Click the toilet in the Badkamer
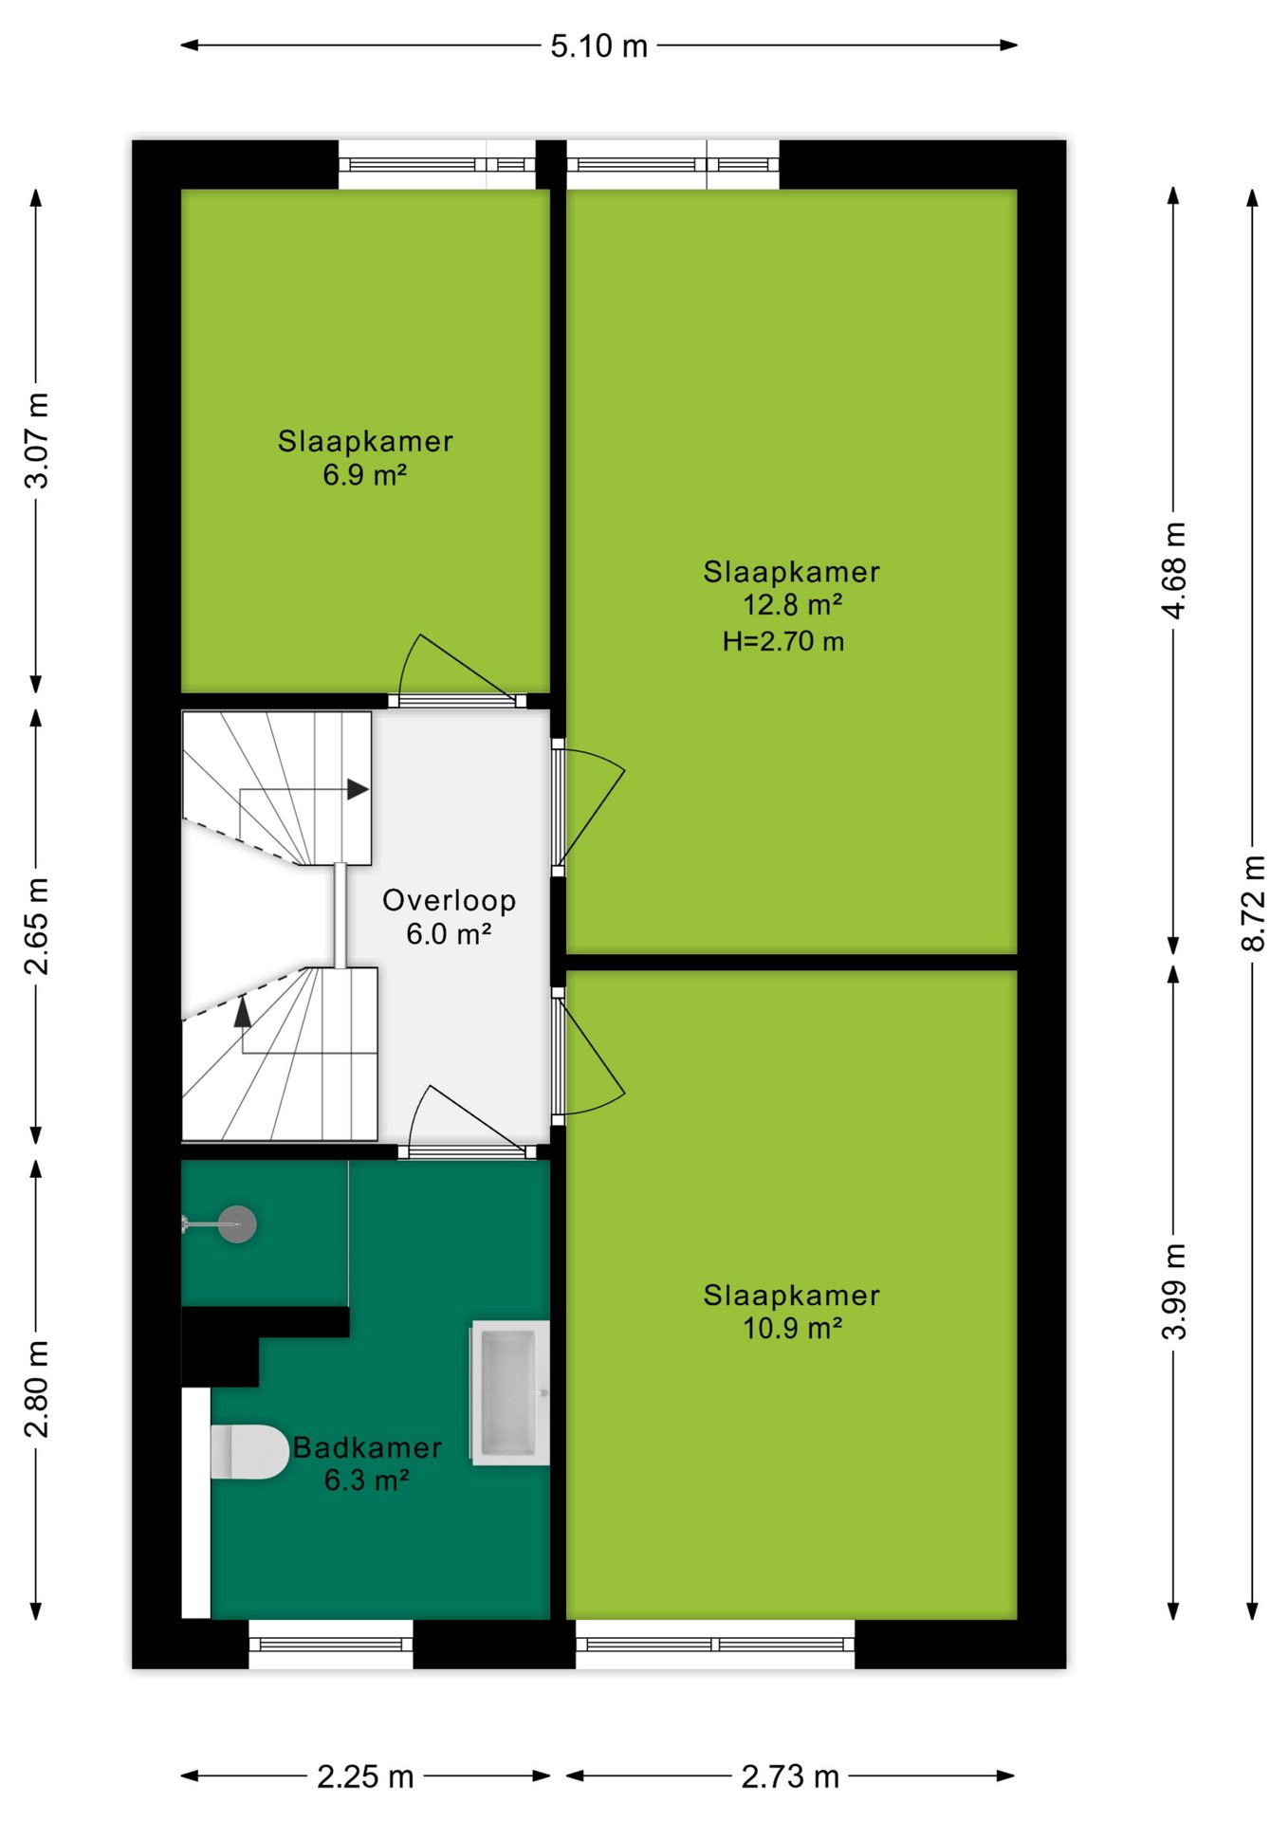[x=249, y=1452]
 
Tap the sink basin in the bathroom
[x=510, y=1392]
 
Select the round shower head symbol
[x=237, y=1224]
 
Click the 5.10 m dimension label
[x=599, y=46]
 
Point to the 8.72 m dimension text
[x=1253, y=903]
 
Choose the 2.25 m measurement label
[x=365, y=1776]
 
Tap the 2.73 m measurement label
[x=790, y=1776]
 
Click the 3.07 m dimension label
[x=36, y=440]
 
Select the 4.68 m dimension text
[x=1173, y=570]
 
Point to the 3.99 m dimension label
[x=1173, y=1291]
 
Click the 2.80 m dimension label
[x=36, y=1389]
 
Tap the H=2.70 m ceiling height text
[x=783, y=641]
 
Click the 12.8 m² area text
[x=793, y=604]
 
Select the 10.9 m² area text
[x=793, y=1328]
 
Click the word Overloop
[x=450, y=900]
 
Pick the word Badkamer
[x=367, y=1447]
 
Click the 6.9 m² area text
[x=365, y=474]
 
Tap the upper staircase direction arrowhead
[x=358, y=789]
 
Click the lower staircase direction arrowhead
[x=243, y=1012]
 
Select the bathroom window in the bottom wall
[x=331, y=1645]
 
